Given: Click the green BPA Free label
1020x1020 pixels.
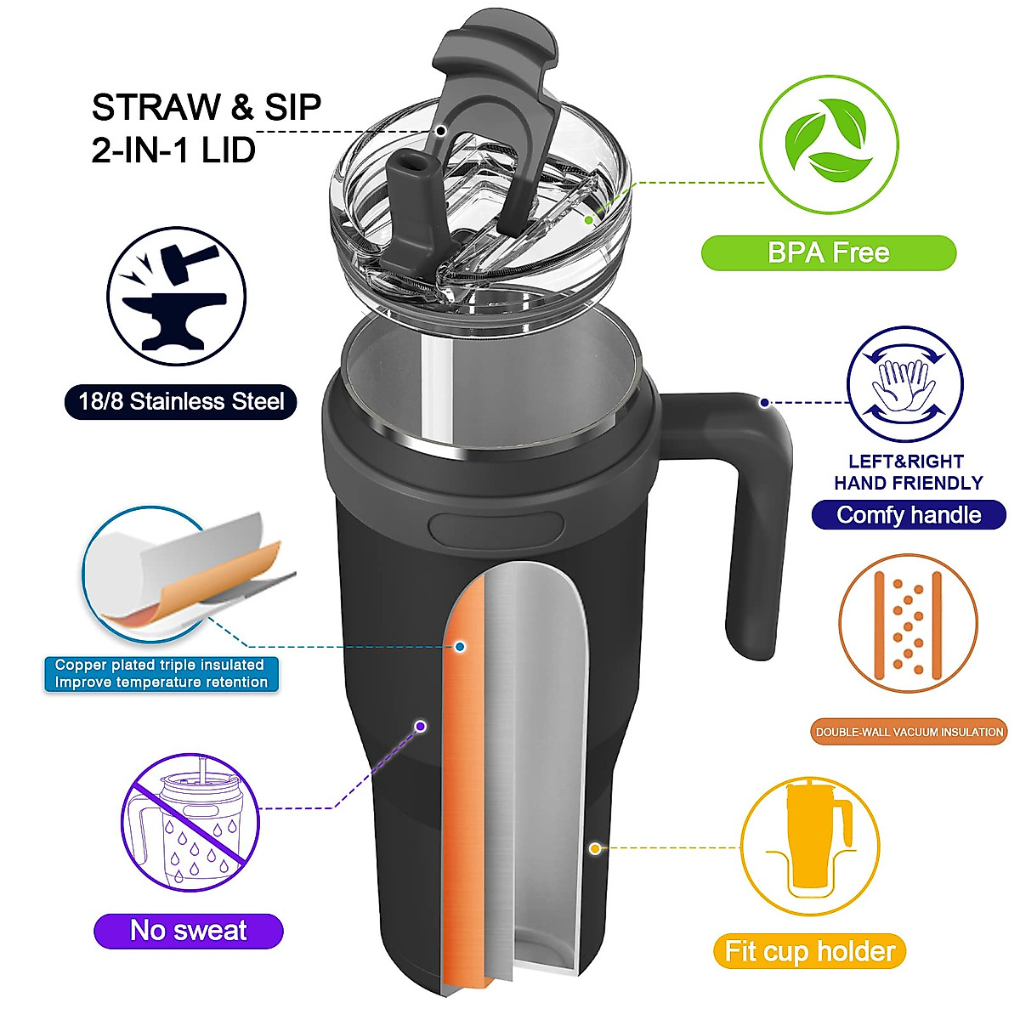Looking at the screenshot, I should tap(828, 252).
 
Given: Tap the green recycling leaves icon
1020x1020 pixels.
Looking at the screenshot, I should tap(829, 144).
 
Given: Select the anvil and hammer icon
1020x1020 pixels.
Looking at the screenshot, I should tap(176, 296).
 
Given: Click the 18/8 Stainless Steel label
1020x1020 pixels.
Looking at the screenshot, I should tap(181, 401).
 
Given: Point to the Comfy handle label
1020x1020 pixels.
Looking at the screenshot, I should tap(909, 515).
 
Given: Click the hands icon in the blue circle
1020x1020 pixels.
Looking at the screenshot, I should tap(905, 384).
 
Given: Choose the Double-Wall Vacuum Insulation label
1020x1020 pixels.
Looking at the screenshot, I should tap(909, 732).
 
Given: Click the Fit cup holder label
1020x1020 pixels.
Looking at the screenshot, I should tap(809, 951).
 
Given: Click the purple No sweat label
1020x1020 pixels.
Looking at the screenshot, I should tap(188, 931).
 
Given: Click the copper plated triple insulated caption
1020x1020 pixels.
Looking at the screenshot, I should tap(161, 673).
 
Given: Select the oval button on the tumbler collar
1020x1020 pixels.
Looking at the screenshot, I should tap(496, 528).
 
